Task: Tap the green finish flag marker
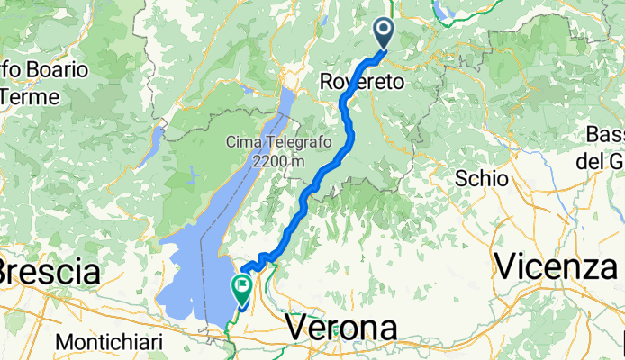tap(241, 288)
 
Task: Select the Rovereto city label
tap(362, 82)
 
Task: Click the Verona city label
tap(341, 328)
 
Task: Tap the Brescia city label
tap(49, 270)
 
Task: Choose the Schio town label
tap(482, 177)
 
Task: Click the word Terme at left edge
tap(31, 95)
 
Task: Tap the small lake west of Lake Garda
tap(156, 139)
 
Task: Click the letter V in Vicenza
tap(505, 266)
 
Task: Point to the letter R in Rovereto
tap(327, 82)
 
